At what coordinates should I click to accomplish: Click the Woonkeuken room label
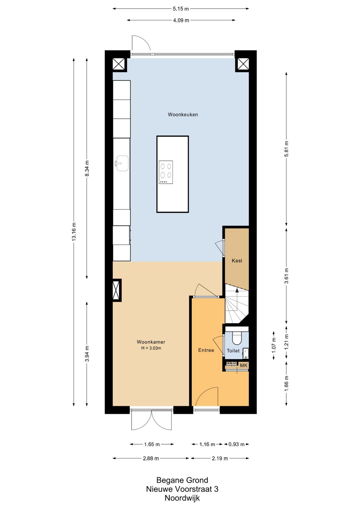pyautogui.click(x=183, y=115)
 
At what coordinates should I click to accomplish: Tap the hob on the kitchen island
pyautogui.click(x=166, y=172)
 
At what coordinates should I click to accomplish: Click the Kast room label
pyautogui.click(x=237, y=261)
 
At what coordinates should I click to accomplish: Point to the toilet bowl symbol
pyautogui.click(x=237, y=338)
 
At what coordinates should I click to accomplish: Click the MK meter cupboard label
pyautogui.click(x=244, y=365)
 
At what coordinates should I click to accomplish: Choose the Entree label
pyautogui.click(x=206, y=350)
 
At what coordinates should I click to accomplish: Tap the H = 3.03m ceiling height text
pyautogui.click(x=151, y=348)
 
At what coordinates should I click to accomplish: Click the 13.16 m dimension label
pyautogui.click(x=74, y=232)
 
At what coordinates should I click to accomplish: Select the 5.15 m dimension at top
pyautogui.click(x=181, y=9)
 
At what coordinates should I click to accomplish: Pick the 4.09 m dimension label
pyautogui.click(x=181, y=20)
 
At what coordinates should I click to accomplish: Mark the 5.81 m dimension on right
pyautogui.click(x=286, y=149)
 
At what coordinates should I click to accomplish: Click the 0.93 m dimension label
pyautogui.click(x=236, y=444)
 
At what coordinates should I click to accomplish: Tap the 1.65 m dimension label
pyautogui.click(x=152, y=444)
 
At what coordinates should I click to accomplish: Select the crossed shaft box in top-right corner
pyautogui.click(x=243, y=64)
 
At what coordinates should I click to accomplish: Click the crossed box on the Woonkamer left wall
pyautogui.click(x=116, y=290)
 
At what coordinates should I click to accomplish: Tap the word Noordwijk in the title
pyautogui.click(x=182, y=498)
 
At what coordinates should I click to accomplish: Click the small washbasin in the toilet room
pyautogui.click(x=245, y=352)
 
